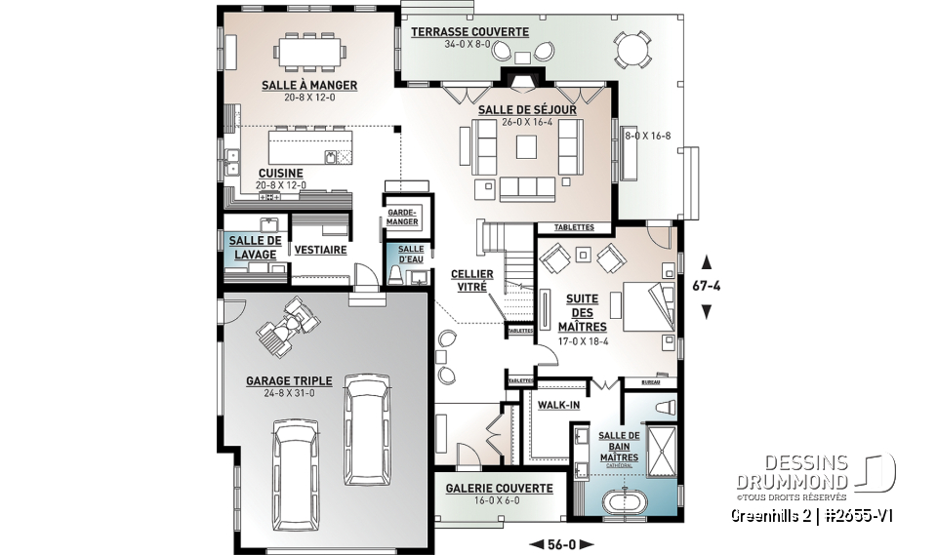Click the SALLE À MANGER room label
(x=308, y=85)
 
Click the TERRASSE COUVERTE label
(x=469, y=32)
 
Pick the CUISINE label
(x=280, y=173)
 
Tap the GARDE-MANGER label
(x=402, y=217)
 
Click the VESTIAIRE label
(x=320, y=250)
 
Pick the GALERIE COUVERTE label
(x=500, y=488)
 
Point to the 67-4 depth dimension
(x=708, y=286)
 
